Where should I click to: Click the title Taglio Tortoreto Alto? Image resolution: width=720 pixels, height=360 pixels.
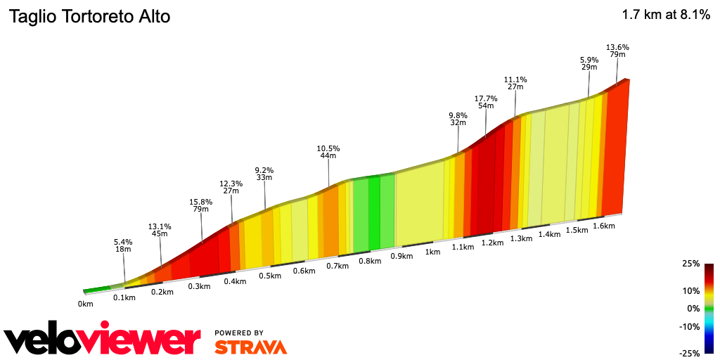(89, 17)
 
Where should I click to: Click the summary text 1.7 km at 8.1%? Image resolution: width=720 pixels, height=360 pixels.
(665, 15)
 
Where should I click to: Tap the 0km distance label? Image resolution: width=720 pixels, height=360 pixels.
(86, 304)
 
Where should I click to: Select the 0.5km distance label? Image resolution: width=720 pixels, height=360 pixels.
(270, 276)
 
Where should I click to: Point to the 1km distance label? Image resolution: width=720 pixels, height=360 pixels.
(432, 252)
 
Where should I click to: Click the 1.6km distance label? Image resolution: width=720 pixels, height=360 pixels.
(604, 226)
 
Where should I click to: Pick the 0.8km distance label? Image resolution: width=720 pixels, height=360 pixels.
(370, 261)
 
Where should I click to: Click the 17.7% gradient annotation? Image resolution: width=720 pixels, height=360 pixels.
(486, 99)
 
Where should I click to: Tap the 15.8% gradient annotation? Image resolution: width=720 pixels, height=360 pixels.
(201, 202)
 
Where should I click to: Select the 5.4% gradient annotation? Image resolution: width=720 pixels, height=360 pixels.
(124, 242)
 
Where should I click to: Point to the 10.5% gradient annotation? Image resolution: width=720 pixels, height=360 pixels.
(328, 148)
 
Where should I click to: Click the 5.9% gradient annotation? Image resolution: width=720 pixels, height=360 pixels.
(589, 60)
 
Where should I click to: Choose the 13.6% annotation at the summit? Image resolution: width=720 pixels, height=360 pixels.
(617, 47)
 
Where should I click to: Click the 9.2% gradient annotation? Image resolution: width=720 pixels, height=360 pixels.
(264, 170)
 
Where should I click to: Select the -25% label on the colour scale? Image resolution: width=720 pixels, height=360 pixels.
(690, 353)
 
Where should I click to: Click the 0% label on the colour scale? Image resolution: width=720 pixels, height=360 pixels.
(693, 309)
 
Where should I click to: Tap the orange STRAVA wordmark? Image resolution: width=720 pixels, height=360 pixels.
(250, 347)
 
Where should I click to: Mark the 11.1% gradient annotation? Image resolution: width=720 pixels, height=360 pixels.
(515, 80)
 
